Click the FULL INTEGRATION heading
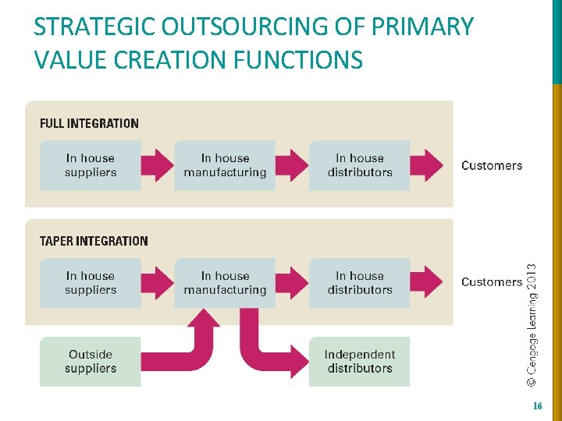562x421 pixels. (x=89, y=123)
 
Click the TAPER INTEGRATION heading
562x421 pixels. (x=94, y=241)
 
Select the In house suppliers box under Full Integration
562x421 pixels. (x=91, y=165)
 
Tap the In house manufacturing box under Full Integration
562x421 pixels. (x=225, y=165)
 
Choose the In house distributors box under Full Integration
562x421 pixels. (x=359, y=165)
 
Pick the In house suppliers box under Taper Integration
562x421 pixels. (x=91, y=282)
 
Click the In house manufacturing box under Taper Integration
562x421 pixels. (x=225, y=282)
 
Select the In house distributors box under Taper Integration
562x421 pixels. (x=359, y=282)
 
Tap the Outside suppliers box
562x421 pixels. (x=91, y=361)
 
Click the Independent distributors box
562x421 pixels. (x=359, y=361)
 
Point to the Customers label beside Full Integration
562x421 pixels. (x=492, y=165)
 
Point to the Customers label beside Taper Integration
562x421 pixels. (x=492, y=282)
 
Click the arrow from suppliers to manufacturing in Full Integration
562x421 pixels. (x=158, y=165)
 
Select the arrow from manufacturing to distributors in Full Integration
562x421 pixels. (x=293, y=165)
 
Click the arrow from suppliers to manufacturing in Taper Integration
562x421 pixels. (x=158, y=282)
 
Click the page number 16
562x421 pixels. (x=537, y=406)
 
